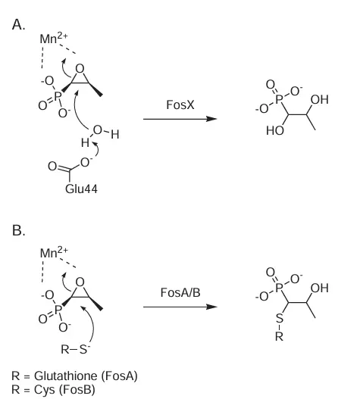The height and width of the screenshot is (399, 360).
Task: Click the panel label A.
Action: pyautogui.click(x=18, y=25)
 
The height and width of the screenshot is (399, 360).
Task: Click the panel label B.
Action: pyautogui.click(x=18, y=230)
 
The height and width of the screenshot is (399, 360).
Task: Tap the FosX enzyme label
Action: pyautogui.click(x=180, y=104)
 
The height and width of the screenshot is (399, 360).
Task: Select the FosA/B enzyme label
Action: pyautogui.click(x=180, y=293)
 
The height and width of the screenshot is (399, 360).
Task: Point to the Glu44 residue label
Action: pyautogui.click(x=81, y=189)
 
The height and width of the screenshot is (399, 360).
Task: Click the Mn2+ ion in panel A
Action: pyautogui.click(x=54, y=38)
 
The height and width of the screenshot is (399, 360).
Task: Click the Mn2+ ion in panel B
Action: pyautogui.click(x=54, y=252)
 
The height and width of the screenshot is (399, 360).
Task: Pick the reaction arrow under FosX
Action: pyautogui.click(x=180, y=119)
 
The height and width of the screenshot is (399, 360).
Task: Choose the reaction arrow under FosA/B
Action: pyautogui.click(x=180, y=307)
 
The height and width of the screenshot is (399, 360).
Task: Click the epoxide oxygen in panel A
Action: pyautogui.click(x=80, y=68)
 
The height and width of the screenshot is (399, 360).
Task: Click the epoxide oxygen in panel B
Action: pyautogui.click(x=80, y=282)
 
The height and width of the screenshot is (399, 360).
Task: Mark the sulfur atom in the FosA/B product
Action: pyautogui.click(x=280, y=318)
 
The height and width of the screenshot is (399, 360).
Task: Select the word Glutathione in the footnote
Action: pyautogui.click(x=65, y=376)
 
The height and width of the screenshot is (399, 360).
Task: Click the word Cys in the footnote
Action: pyautogui.click(x=44, y=390)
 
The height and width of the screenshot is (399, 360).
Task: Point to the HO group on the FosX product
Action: pyautogui.click(x=275, y=131)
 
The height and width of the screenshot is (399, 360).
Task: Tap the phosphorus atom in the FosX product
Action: pyautogui.click(x=279, y=99)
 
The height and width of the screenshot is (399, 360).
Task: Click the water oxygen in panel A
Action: pyautogui.click(x=98, y=129)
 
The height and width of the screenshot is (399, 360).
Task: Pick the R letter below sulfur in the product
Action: pyautogui.click(x=279, y=337)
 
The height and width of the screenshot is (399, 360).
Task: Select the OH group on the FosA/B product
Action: pyautogui.click(x=320, y=288)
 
